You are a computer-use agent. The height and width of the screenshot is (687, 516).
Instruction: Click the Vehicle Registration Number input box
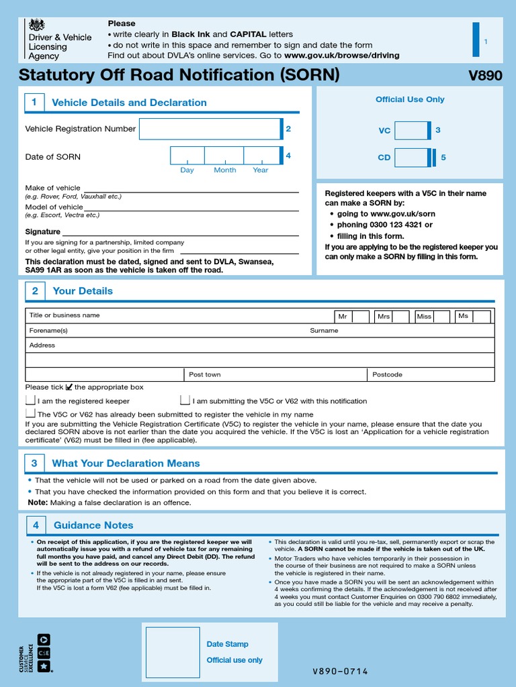click(x=210, y=129)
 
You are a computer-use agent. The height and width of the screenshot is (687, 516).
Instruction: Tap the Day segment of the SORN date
click(x=187, y=156)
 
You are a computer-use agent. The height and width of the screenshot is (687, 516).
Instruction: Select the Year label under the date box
click(x=261, y=170)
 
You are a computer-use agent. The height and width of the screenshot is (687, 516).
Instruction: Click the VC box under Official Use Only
click(x=411, y=131)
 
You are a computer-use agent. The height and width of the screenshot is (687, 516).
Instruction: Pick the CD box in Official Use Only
click(x=411, y=158)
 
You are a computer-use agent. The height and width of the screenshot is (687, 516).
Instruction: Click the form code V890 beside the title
click(x=484, y=76)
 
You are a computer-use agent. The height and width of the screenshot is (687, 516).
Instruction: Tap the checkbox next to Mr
click(x=361, y=316)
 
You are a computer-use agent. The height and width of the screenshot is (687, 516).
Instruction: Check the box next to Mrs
click(x=401, y=316)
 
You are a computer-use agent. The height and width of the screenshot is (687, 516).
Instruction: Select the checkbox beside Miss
click(x=442, y=316)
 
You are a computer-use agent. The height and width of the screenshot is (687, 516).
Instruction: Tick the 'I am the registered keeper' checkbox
click(x=30, y=401)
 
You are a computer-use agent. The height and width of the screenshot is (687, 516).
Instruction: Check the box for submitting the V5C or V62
click(x=185, y=401)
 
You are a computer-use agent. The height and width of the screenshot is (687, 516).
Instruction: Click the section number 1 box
click(x=34, y=103)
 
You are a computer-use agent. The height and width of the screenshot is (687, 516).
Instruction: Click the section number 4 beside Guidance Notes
click(x=36, y=525)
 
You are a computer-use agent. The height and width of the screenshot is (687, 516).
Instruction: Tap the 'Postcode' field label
click(x=387, y=374)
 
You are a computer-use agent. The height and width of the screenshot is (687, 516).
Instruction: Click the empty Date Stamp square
click(x=173, y=652)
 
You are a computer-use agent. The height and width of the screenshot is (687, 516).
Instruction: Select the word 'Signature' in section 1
click(x=42, y=231)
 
